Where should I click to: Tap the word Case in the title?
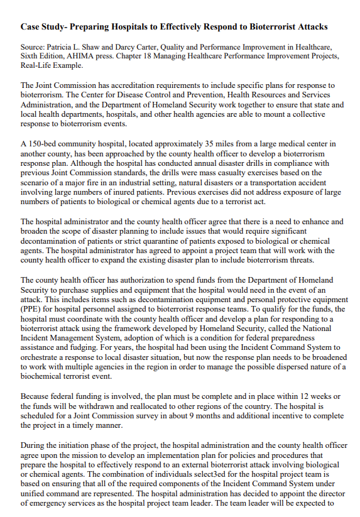(x=31, y=27)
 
